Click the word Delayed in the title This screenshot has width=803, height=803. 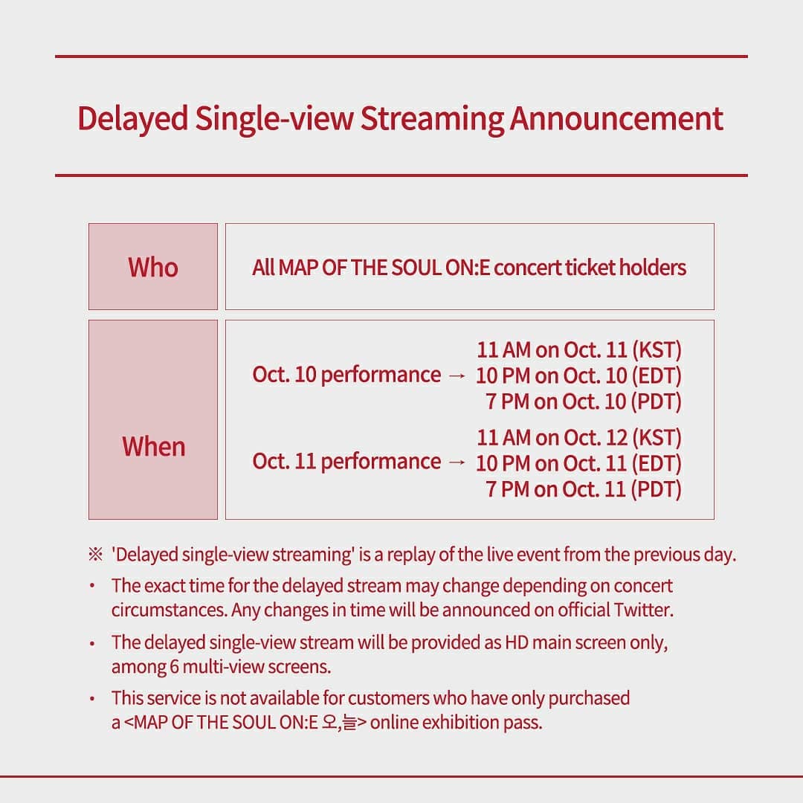[132, 119]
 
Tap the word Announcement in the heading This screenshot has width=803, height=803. [616, 119]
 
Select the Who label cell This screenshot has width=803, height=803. [153, 266]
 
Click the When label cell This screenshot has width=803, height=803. [153, 419]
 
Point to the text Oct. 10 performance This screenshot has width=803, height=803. [346, 375]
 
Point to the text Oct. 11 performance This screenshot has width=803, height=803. [346, 462]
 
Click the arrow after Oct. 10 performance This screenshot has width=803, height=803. [457, 376]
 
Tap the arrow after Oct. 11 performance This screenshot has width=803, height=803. [457, 463]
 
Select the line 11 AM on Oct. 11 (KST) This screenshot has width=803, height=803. [579, 350]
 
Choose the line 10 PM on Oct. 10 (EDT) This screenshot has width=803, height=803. [578, 376]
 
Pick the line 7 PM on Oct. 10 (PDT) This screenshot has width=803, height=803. [584, 401]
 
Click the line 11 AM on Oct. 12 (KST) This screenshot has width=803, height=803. [579, 438]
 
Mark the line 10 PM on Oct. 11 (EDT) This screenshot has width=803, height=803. [578, 463]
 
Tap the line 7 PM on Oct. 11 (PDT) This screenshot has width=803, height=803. [584, 489]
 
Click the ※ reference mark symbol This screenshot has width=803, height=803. [95, 555]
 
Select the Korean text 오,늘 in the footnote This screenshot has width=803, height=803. [340, 723]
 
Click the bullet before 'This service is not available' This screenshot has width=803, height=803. [91, 698]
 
